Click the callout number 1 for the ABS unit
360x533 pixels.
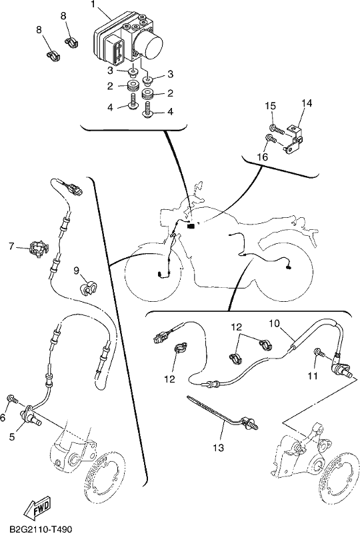tap(93, 5)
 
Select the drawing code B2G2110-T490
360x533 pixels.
tap(41, 528)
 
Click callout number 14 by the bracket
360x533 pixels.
tap(306, 103)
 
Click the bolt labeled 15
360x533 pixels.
tap(277, 129)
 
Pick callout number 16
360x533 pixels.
tap(263, 157)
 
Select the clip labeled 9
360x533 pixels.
tap(88, 287)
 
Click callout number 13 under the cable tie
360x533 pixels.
tap(219, 448)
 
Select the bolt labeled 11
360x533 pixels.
tap(321, 354)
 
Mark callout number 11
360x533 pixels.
tap(313, 375)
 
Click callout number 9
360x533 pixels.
tap(77, 270)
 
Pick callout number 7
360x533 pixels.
tap(11, 246)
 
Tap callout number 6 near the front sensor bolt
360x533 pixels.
tap(3, 417)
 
